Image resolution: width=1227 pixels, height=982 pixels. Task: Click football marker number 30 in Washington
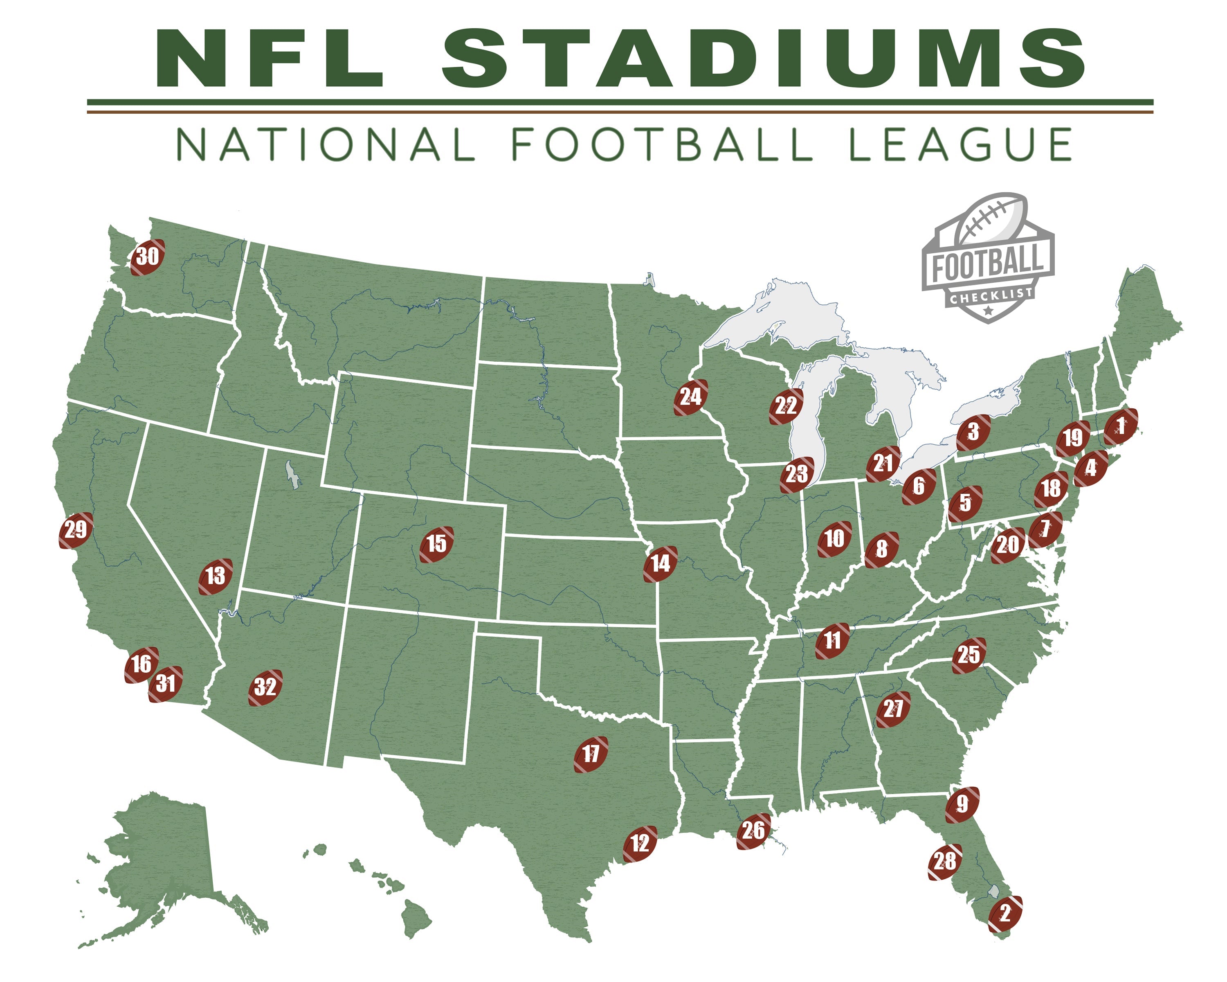point(148,257)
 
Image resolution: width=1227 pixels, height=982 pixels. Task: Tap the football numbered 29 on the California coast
point(76,530)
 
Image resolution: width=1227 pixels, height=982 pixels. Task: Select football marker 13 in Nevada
point(216,576)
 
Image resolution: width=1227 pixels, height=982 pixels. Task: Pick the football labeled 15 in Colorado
point(436,544)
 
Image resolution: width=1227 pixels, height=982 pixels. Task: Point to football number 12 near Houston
point(640,843)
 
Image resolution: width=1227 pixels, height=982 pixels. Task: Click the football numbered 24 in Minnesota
point(691,397)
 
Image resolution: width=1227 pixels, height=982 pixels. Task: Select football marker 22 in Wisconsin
point(786,406)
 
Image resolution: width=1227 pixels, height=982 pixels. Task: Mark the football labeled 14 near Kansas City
point(661,563)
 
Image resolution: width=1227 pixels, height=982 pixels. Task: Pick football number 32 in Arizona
point(265,687)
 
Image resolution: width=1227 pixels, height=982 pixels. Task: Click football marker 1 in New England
point(1121,426)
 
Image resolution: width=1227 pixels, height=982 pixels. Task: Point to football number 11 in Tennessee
point(832,640)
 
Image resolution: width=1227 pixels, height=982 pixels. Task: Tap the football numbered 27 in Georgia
point(893,709)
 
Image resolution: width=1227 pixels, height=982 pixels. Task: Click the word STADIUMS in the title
point(763,59)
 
